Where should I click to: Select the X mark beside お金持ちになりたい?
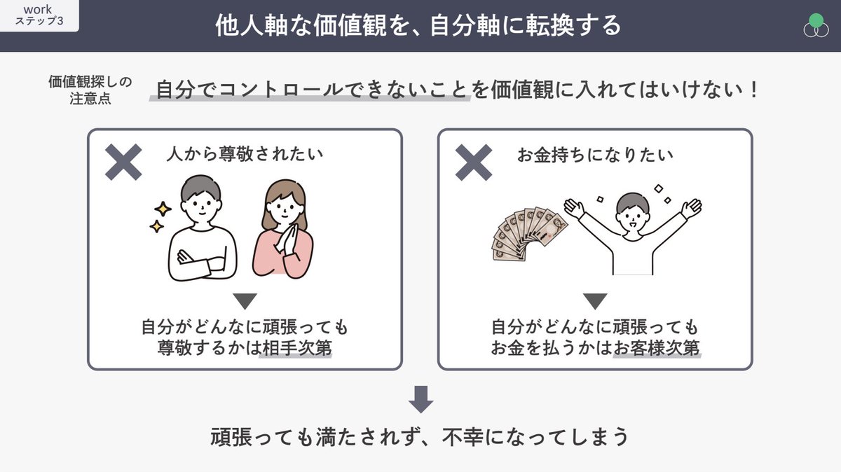click(x=474, y=162)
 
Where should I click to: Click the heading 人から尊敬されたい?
click(x=245, y=155)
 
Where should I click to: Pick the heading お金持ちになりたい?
click(x=595, y=155)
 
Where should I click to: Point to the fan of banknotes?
click(x=527, y=231)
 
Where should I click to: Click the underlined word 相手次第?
click(x=295, y=348)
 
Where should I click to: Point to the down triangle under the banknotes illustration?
click(x=595, y=301)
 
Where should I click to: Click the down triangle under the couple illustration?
click(x=245, y=301)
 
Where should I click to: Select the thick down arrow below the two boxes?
click(x=420, y=398)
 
